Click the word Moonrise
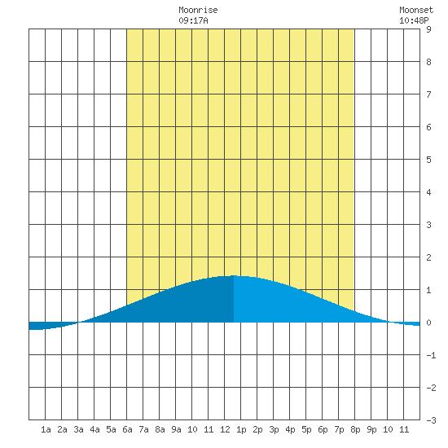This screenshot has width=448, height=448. point(198,10)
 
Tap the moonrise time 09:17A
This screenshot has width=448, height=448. point(193,20)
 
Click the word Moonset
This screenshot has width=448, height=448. point(416,10)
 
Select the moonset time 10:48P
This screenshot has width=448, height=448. point(414,20)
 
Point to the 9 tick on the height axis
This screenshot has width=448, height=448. point(428,29)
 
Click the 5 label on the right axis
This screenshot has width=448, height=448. point(428,160)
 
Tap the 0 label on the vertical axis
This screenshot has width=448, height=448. point(428,323)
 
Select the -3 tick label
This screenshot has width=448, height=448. point(431,420)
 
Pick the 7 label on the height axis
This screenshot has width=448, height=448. point(428,94)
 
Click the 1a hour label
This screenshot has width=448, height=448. point(46,429)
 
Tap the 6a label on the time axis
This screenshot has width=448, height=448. point(127,429)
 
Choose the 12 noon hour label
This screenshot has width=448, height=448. point(225,429)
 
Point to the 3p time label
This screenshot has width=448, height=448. point(274,429)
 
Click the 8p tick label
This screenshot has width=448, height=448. point(355,429)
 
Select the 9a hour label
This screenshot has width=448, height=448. point(176,429)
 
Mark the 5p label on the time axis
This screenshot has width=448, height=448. point(306,429)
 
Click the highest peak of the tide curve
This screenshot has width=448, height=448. point(234,275)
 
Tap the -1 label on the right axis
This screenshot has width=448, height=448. point(431,355)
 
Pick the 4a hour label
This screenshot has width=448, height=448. point(94,429)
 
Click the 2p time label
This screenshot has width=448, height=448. point(257,429)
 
